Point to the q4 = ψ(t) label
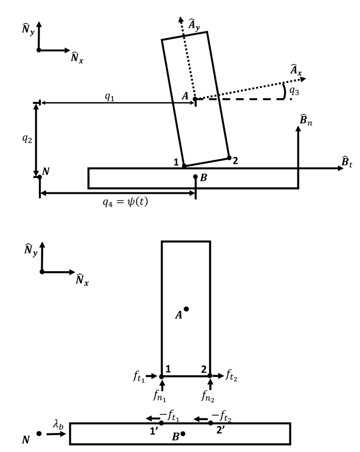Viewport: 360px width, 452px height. pos(117,205)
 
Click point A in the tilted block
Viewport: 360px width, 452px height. pos(195,99)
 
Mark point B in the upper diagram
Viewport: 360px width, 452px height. pos(195,177)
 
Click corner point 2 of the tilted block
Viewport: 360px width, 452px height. pos(229,157)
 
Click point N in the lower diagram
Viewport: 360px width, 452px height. pos(39,434)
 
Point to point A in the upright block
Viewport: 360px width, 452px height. pos(186,309)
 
